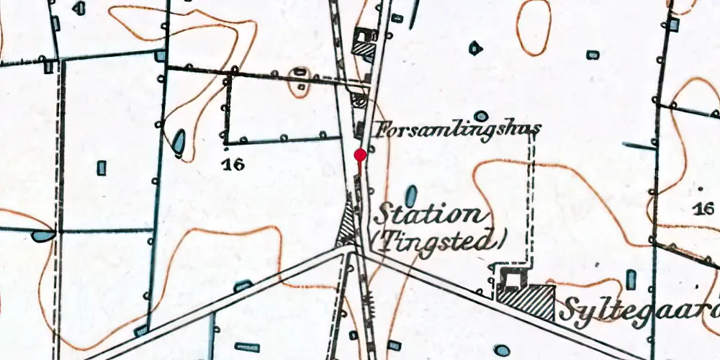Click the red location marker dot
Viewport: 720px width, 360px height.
click(x=361, y=155)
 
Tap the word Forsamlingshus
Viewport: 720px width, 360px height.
click(x=458, y=130)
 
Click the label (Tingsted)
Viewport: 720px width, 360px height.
click(x=440, y=240)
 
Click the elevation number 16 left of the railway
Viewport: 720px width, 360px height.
click(x=233, y=165)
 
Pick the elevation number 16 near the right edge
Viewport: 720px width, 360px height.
click(x=703, y=209)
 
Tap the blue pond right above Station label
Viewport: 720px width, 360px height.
click(x=411, y=194)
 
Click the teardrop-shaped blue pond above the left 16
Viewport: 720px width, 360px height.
click(x=178, y=140)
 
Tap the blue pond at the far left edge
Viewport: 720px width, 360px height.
click(x=43, y=235)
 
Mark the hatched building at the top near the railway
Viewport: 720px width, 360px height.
click(x=363, y=48)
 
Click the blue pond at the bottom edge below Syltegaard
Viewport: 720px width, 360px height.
click(x=502, y=351)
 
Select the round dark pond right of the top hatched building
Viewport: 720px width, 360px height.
click(x=475, y=48)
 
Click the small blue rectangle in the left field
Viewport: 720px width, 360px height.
click(x=102, y=168)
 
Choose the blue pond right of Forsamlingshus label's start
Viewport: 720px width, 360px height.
click(x=481, y=116)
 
